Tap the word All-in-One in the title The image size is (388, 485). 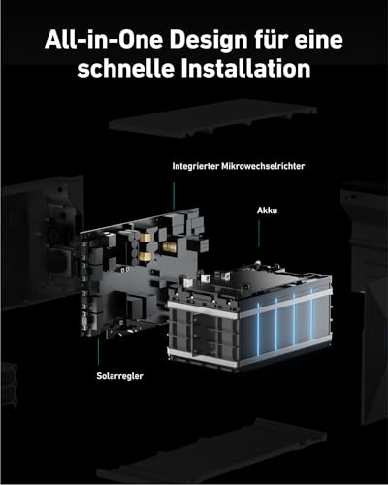104,40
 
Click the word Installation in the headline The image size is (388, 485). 245,68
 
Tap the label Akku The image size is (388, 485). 267,210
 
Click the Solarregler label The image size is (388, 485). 119,376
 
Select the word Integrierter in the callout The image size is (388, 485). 195,166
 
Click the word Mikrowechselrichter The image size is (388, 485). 263,166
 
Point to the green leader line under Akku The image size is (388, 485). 259,234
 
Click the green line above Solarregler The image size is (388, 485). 98,351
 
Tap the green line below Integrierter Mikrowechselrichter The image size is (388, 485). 174,195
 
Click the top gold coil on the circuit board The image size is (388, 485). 146,237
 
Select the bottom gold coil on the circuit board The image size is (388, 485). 145,256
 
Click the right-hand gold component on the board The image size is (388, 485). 169,247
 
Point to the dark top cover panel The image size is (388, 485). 212,118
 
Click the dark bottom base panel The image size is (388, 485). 211,453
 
